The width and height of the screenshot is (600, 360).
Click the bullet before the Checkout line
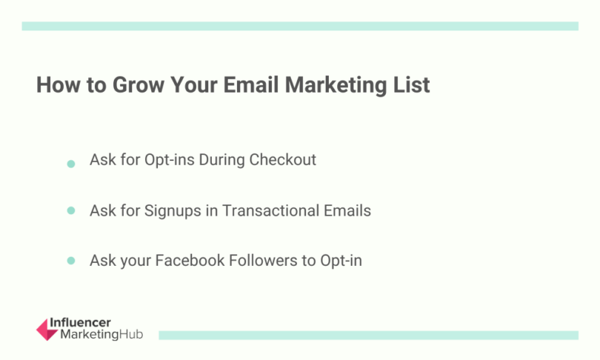(71, 163)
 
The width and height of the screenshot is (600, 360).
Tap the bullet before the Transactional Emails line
(71, 211)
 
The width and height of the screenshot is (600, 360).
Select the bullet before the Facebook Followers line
(71, 261)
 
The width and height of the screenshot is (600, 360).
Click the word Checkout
(282, 160)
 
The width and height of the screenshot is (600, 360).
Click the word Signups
(171, 210)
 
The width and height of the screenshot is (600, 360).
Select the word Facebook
(188, 261)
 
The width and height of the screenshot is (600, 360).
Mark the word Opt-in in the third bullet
(341, 261)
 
